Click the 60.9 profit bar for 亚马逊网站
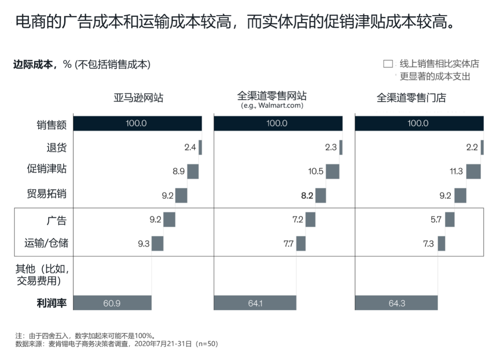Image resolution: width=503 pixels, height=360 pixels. coord(112,303)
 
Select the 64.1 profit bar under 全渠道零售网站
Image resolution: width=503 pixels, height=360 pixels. coord(255,303)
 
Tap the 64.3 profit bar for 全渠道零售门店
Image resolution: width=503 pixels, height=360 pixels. coord(396,303)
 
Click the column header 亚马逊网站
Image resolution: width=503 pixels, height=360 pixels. coord(138,97)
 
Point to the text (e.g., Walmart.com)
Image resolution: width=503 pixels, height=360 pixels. coord(272,105)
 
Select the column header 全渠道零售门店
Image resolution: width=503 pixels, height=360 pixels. coord(411,97)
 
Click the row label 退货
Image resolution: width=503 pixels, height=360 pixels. coord(56,147)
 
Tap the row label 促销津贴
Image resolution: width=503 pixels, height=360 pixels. coord(47,169)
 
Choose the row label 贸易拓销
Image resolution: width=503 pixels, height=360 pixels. coord(47,193)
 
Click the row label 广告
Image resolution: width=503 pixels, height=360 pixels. coord(56,220)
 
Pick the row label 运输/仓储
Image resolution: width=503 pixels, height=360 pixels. coord(46,243)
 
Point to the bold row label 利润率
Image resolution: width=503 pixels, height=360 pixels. coord(52,303)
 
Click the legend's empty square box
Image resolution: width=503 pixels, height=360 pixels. coord(388,64)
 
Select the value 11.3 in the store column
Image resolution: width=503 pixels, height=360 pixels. coord(456,171)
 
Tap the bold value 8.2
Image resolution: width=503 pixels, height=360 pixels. coord(307,196)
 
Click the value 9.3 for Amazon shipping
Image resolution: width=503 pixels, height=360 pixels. coord(144,244)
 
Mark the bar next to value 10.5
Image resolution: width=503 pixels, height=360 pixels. coord(332,171)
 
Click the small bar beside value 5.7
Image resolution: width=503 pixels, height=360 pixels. coord(450,219)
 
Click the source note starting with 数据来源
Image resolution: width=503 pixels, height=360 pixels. coord(116,344)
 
